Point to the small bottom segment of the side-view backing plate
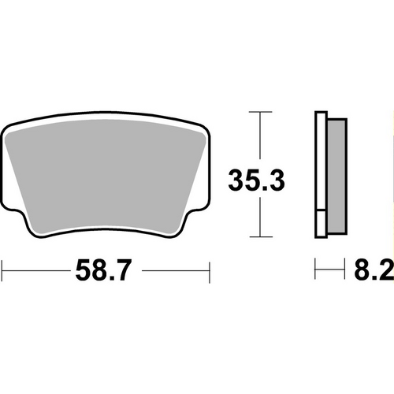coord(320,225)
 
